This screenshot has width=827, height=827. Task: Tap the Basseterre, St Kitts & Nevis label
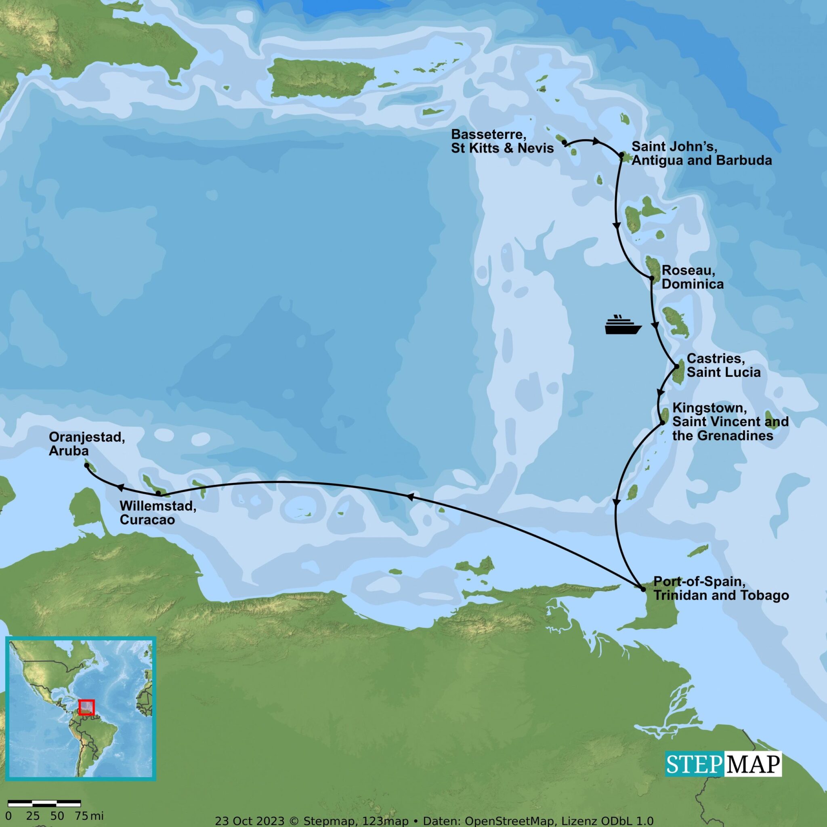pyautogui.click(x=502, y=141)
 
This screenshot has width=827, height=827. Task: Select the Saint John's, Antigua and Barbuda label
pyautogui.click(x=701, y=153)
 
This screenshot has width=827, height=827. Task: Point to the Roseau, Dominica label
pyautogui.click(x=692, y=277)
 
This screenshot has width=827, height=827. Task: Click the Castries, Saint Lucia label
pyautogui.click(x=723, y=365)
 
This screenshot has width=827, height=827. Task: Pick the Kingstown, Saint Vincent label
pyautogui.click(x=730, y=421)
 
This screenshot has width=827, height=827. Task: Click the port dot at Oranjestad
pyautogui.click(x=87, y=465)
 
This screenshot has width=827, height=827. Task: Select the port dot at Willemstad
pyautogui.click(x=158, y=493)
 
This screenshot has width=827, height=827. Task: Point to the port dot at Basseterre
pyautogui.click(x=564, y=142)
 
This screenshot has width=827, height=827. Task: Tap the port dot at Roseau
pyautogui.click(x=652, y=278)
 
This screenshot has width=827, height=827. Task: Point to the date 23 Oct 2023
pyautogui.click(x=250, y=821)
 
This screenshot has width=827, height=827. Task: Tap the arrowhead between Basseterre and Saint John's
pyautogui.click(x=596, y=141)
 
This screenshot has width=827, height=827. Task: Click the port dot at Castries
pyautogui.click(x=677, y=366)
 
